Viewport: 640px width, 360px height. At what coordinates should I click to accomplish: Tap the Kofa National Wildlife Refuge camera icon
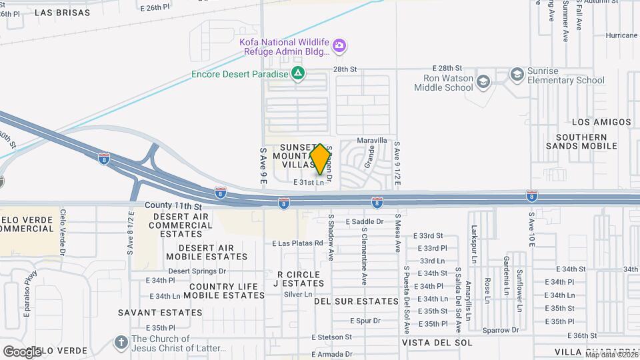point(340,45)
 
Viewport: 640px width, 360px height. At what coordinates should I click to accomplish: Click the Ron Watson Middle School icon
point(483,81)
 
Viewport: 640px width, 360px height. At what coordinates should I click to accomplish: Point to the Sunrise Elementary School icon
point(517,73)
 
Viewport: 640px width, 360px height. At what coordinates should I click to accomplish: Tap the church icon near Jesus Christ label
point(121,342)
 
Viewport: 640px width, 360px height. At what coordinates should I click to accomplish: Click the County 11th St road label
point(173,206)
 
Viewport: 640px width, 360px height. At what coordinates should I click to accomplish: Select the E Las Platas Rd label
point(297,243)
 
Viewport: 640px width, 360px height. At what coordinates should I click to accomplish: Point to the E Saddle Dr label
point(365,221)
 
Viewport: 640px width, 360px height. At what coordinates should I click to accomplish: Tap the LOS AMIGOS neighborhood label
point(601,122)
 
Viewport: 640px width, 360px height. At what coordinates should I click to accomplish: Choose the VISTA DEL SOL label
point(437,342)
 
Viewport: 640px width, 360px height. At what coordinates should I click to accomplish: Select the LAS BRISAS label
point(62,13)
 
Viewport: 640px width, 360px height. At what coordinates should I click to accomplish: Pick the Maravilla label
point(372,141)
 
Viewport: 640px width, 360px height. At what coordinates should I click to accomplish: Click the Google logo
point(22,351)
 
